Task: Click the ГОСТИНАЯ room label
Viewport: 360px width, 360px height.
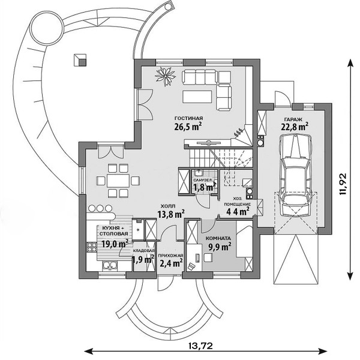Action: coord(189,118)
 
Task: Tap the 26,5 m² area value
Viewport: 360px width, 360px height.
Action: coord(188,126)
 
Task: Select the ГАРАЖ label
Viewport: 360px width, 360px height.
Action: coord(293,119)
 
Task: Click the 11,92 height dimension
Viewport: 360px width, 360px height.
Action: coord(343,184)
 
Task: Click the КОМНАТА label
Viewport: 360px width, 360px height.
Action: coord(218,238)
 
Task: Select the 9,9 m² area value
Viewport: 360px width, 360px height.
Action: coord(220,247)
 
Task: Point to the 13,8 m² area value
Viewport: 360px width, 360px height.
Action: coord(171,214)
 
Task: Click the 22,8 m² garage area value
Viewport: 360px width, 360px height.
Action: coord(295,127)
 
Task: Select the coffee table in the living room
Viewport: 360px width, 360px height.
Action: coord(197,97)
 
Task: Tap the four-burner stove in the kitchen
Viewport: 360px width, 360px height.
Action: coord(92,247)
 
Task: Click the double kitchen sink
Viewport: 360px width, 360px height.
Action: coord(110,265)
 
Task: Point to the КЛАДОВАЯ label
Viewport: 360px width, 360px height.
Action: coord(144,251)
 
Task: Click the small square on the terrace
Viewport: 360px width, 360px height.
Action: coord(80,60)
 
